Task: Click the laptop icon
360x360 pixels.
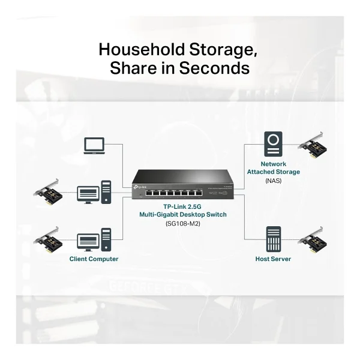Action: pos(94,146)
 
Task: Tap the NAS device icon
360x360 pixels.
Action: pos(273,144)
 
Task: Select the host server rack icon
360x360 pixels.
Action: pos(274,239)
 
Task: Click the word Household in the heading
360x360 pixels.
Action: pos(142,50)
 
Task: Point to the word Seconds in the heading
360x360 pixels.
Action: pos(214,68)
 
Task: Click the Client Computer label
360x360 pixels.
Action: pos(94,259)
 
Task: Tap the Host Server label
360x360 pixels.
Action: pos(273,259)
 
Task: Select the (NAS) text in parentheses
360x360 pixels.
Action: pos(273,181)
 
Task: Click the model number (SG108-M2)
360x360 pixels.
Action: pos(183,223)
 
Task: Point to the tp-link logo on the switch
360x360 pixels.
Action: pos(139,187)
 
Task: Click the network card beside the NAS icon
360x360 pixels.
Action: pos(312,145)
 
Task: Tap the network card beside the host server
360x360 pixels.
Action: pos(312,240)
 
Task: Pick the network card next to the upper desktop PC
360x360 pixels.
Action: pos(48,193)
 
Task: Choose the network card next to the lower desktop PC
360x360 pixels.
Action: pos(48,240)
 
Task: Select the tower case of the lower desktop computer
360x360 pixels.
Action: pos(106,239)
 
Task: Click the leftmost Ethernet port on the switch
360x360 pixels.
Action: pos(149,193)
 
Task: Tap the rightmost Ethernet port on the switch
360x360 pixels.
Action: pos(199,193)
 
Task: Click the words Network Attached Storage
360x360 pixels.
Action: pos(273,168)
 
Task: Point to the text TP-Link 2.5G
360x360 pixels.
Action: pos(182,206)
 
